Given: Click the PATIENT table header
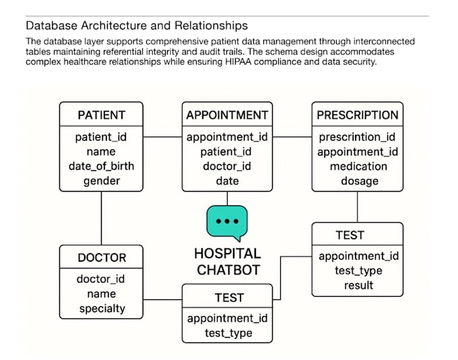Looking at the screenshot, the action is (101, 115).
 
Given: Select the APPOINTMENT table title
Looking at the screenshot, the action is (227, 115).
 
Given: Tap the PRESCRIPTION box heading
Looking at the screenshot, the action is (358, 115).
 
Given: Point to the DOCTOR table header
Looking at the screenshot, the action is (102, 258).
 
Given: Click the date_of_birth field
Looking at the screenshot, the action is (101, 166).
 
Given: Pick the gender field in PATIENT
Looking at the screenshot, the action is (101, 181).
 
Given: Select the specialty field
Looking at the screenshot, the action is (102, 309).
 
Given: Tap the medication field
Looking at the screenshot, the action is (358, 166).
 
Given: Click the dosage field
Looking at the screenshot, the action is (360, 181).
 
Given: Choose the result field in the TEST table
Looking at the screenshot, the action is (358, 285).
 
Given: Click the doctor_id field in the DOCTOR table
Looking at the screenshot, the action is (100, 279).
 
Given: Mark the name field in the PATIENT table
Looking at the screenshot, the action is (101, 151).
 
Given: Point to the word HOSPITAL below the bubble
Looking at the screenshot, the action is (227, 254).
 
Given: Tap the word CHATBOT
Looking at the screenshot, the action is (228, 270).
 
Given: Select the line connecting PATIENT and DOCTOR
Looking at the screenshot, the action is (101, 218).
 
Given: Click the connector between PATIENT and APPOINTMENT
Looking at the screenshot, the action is (162, 137).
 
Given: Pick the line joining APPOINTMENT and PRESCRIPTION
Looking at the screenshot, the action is (292, 137).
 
